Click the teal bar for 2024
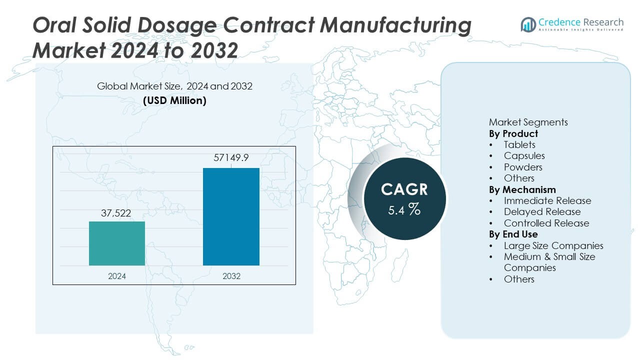click(x=117, y=243)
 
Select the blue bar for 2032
click(x=231, y=216)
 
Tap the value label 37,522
click(x=117, y=213)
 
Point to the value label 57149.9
click(x=231, y=158)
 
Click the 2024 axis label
click(x=117, y=276)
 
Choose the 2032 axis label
click(x=231, y=276)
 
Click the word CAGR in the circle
click(x=404, y=189)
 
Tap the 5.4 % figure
click(x=404, y=209)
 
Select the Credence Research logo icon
click(x=528, y=23)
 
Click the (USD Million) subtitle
click(x=174, y=100)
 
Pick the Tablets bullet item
click(x=519, y=144)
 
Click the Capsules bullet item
click(x=524, y=156)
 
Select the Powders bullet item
click(x=522, y=167)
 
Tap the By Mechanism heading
click(x=522, y=189)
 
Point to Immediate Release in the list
click(x=547, y=200)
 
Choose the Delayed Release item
click(x=542, y=212)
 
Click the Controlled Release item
click(x=546, y=223)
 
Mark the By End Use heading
click(x=513, y=234)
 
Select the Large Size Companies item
click(x=553, y=245)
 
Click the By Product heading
click(x=513, y=133)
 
